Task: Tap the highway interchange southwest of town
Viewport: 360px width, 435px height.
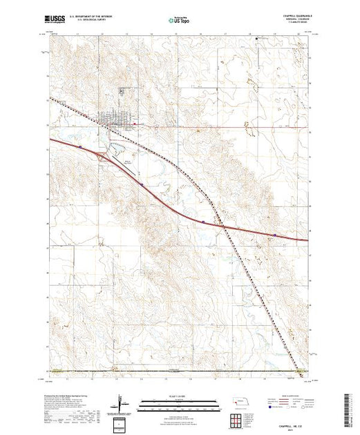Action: point(103,157)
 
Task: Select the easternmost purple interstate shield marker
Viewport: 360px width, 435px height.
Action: point(276,235)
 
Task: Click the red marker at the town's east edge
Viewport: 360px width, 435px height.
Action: point(134,124)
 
